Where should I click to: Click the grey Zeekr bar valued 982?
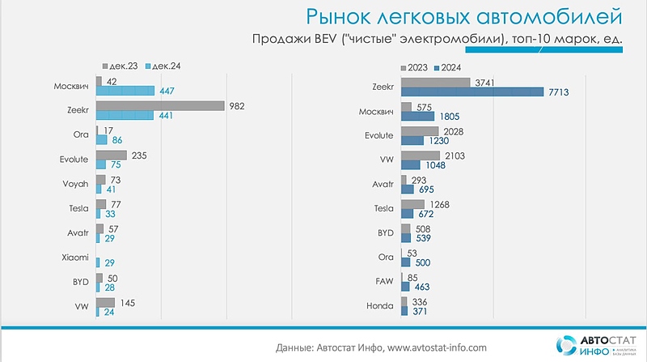point(159,105)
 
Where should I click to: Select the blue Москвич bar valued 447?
point(125,91)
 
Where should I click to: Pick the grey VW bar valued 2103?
point(421,155)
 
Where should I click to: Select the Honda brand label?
point(380,306)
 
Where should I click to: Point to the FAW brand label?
point(383,281)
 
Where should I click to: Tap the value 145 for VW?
point(128,301)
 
